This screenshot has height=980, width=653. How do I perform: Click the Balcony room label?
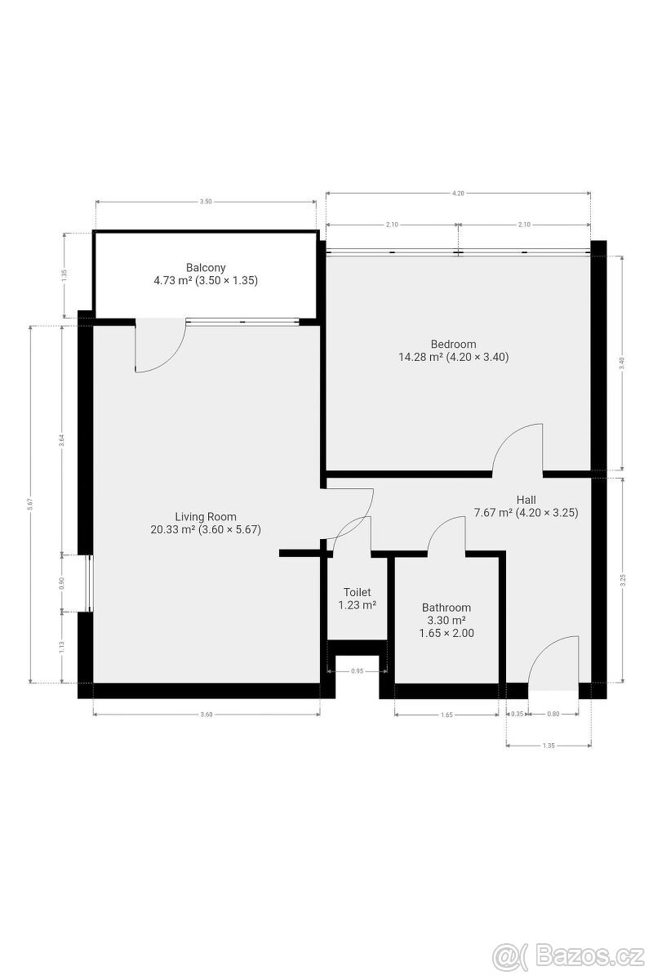[x=206, y=267]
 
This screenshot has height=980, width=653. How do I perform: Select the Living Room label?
[x=206, y=516]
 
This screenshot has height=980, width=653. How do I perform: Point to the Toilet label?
[x=357, y=592]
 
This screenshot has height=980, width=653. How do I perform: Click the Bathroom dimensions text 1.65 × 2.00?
[x=446, y=633]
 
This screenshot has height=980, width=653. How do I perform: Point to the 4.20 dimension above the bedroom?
[x=458, y=194]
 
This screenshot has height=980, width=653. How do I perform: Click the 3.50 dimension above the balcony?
[x=206, y=202]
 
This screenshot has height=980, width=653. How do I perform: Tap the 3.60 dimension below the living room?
[x=206, y=715]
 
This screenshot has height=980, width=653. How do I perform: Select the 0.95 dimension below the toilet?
[x=357, y=671]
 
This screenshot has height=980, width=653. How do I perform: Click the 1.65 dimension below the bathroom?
[x=446, y=715]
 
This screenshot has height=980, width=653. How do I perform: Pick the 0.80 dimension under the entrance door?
[x=553, y=715]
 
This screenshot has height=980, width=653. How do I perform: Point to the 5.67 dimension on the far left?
[x=30, y=505]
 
